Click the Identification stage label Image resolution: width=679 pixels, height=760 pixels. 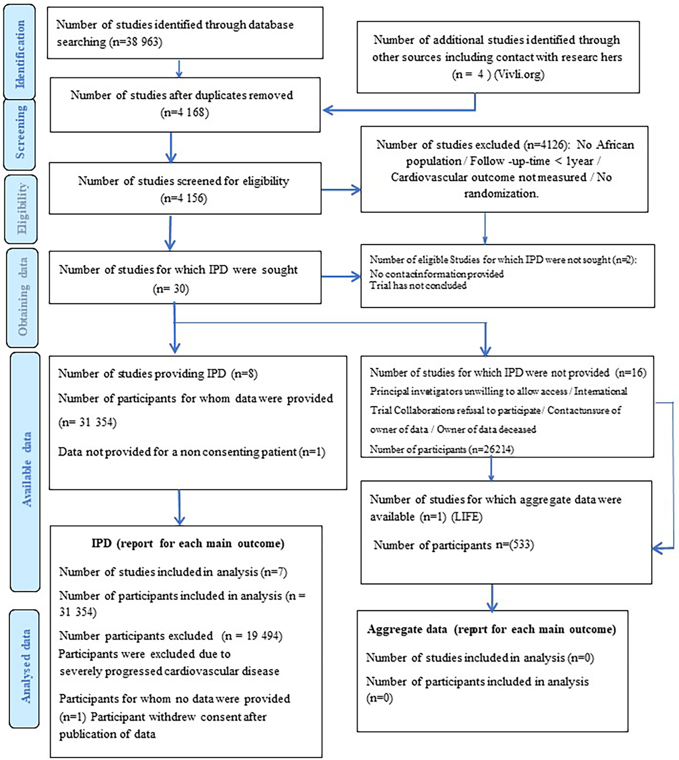coord(19,53)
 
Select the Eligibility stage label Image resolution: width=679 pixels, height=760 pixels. coord(21,209)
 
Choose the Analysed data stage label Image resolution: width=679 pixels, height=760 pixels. coord(24,667)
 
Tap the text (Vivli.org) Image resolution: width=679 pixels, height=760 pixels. coord(519,74)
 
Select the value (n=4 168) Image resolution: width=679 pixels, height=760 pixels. coord(184,112)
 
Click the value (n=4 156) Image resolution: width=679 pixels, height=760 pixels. coord(184,198)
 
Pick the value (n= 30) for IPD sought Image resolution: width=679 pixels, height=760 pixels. coord(171,289)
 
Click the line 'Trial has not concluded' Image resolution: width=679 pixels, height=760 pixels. coord(418,286)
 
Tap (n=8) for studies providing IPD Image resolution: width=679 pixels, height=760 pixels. coord(244,374)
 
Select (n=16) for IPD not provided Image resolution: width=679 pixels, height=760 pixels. coord(630,372)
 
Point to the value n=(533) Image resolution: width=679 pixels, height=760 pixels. coord(514,545)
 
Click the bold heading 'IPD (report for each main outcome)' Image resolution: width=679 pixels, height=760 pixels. coord(188,543)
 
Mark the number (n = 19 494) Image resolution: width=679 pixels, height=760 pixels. coord(252,636)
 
